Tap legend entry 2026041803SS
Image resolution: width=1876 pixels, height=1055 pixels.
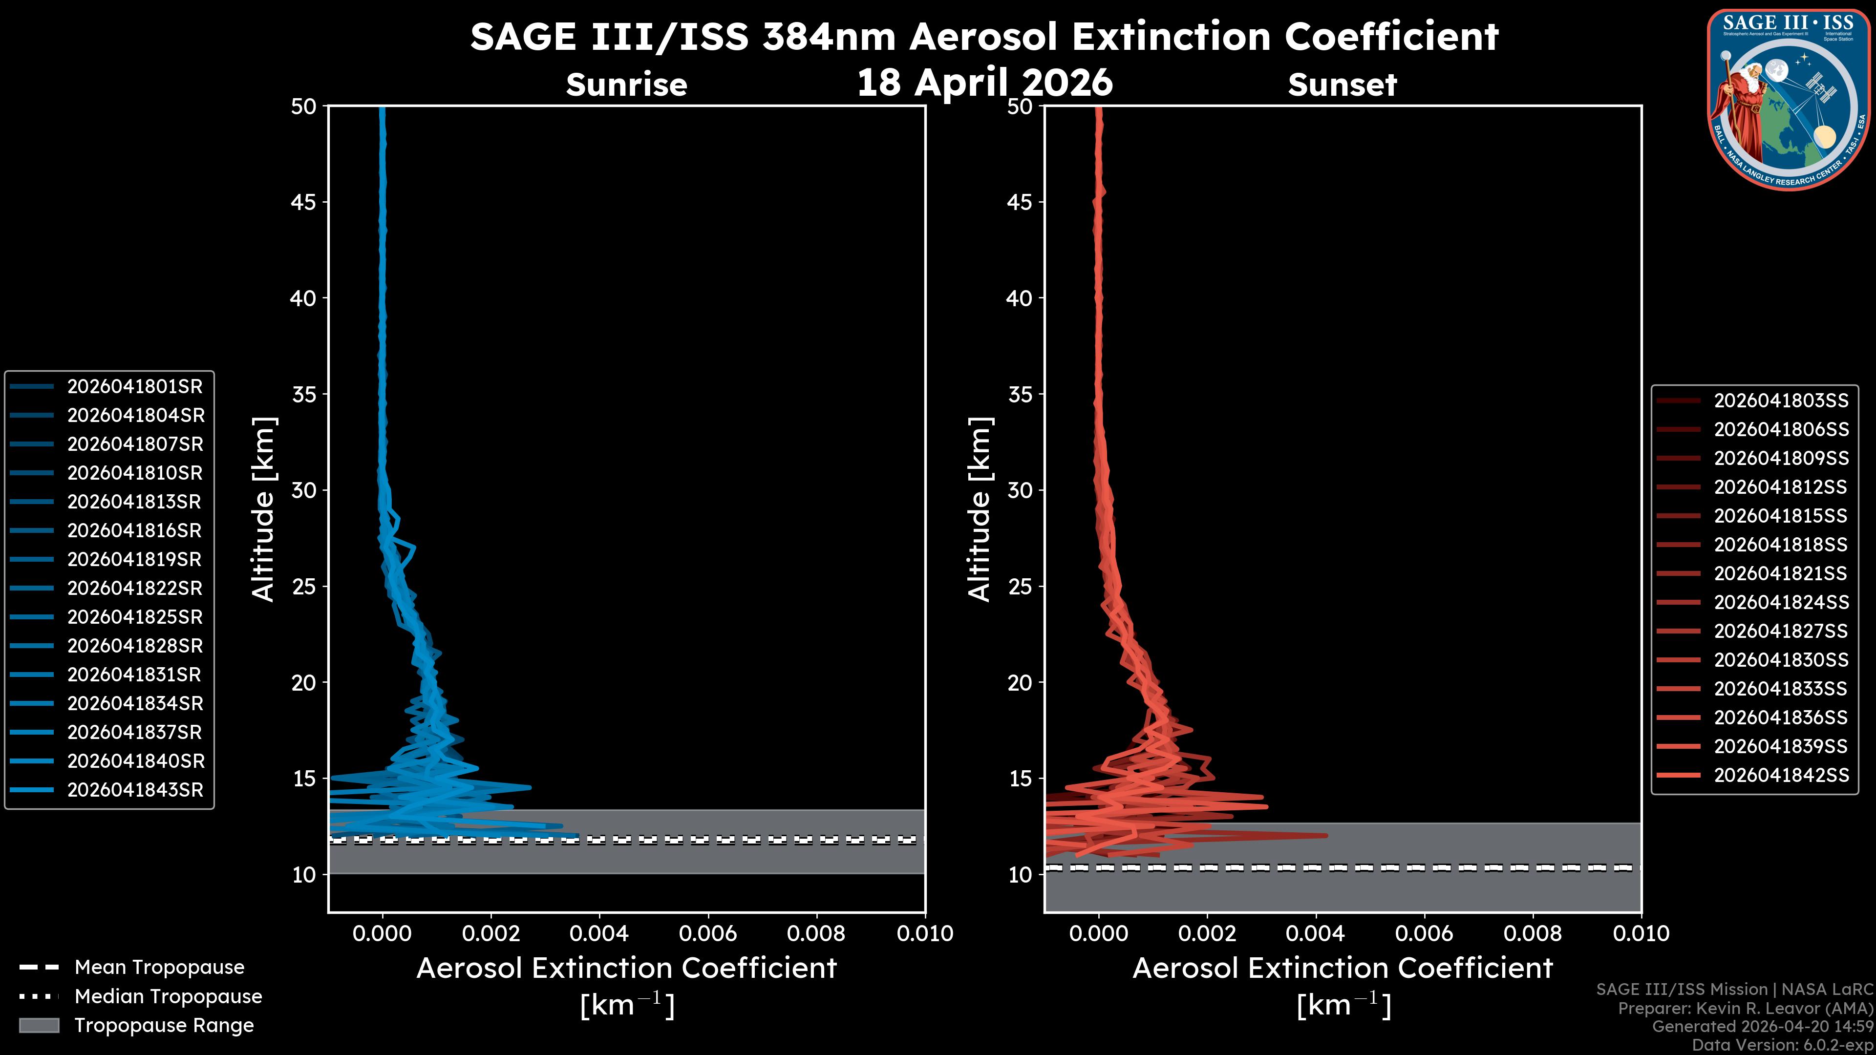click(1781, 401)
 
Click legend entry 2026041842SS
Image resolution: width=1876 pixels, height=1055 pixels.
click(1781, 776)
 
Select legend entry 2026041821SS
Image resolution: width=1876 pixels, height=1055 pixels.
click(1781, 574)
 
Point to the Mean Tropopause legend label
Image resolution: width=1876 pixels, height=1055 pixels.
click(159, 968)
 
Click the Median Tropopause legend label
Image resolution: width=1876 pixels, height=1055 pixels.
click(168, 997)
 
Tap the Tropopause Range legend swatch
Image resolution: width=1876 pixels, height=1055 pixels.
click(39, 1025)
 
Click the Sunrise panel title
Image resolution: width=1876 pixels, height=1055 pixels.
click(626, 85)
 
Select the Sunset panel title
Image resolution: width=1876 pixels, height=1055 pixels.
click(1342, 85)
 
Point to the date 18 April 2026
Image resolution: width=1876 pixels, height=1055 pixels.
click(984, 82)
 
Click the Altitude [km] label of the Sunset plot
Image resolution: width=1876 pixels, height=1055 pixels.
click(980, 509)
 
